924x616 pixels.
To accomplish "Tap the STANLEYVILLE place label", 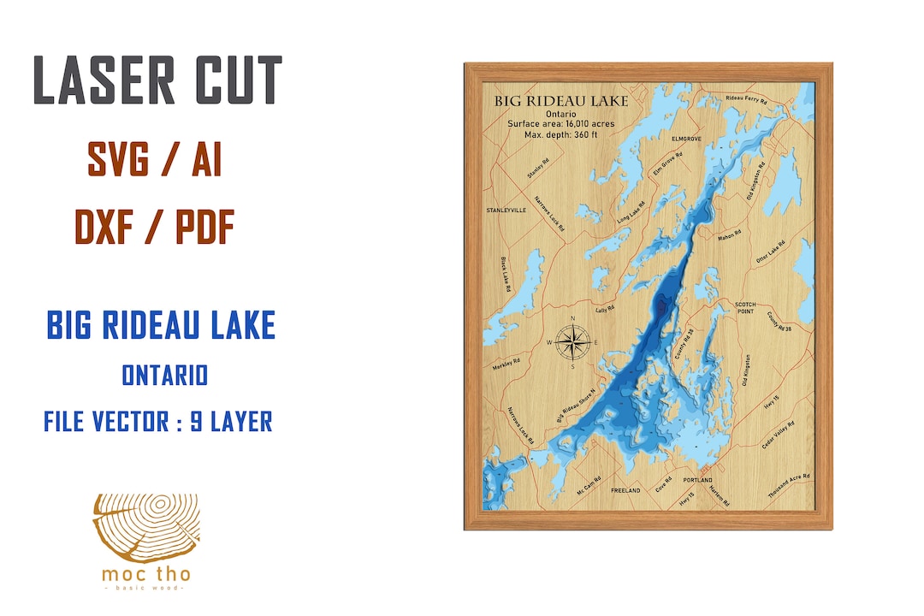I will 506,210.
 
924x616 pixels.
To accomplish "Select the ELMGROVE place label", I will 686,138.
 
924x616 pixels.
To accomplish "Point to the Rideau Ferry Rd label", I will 746,100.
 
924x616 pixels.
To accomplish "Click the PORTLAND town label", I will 698,480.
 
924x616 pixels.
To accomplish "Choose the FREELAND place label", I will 625,490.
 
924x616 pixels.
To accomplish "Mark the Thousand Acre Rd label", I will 789,486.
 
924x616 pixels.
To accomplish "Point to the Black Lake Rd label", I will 506,276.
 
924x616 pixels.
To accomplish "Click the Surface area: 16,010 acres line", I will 560,123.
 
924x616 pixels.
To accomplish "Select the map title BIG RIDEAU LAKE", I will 560,101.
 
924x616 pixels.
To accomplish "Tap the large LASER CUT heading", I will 158,82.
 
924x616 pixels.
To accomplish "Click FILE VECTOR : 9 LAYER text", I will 158,421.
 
